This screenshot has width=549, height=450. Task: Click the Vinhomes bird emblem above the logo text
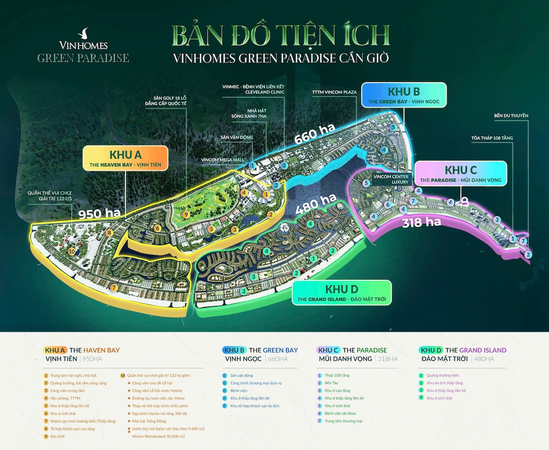coord(83,33)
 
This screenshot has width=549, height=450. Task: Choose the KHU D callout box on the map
coord(342,293)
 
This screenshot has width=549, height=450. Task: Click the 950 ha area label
coord(99,214)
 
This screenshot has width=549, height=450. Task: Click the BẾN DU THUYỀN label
coord(511,116)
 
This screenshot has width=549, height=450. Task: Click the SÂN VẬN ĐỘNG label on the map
coord(237,137)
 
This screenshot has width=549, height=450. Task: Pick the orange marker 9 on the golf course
coord(186,214)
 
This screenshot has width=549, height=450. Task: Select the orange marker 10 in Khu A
coord(71,251)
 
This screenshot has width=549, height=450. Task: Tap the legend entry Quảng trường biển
coord(443,375)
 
